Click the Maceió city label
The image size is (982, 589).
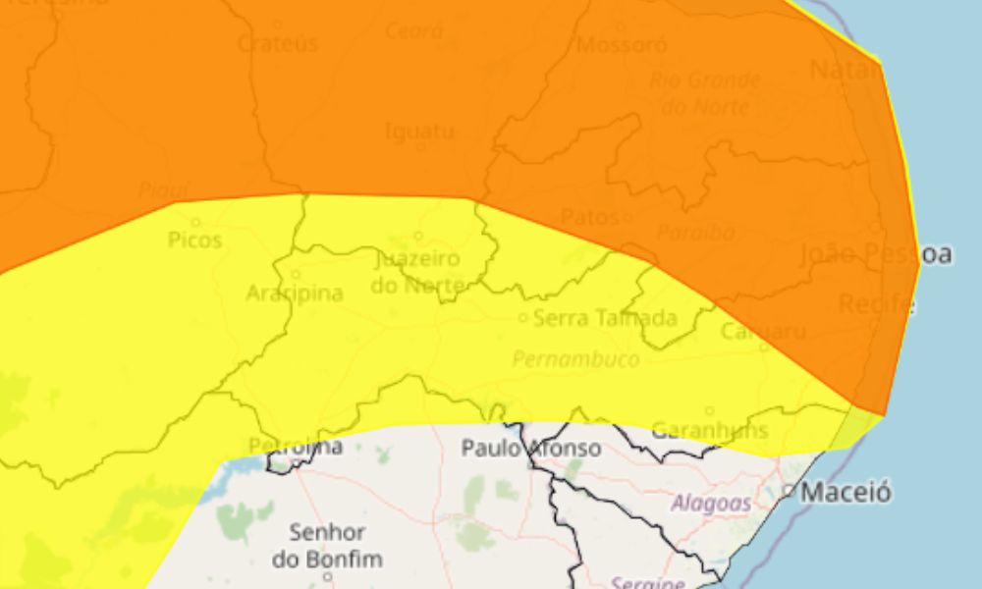coord(846,491)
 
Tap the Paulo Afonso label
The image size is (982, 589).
coord(531,449)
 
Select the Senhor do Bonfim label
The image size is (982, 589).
coord(328,546)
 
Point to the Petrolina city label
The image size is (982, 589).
coord(296,447)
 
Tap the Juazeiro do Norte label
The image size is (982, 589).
coord(416,272)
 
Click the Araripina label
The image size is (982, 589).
coord(295,294)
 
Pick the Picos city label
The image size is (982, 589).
coord(195,241)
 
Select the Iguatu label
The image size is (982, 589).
coord(419,132)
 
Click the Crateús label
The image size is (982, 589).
coord(277,44)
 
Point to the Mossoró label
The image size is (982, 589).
coord(622,45)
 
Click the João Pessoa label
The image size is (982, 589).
coord(876,254)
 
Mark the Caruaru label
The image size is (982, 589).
coord(763,332)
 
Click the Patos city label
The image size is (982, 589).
coord(589,217)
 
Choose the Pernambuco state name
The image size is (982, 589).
coord(575,359)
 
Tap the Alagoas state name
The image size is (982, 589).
coord(711,504)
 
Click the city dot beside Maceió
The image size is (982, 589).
coord(789,490)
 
